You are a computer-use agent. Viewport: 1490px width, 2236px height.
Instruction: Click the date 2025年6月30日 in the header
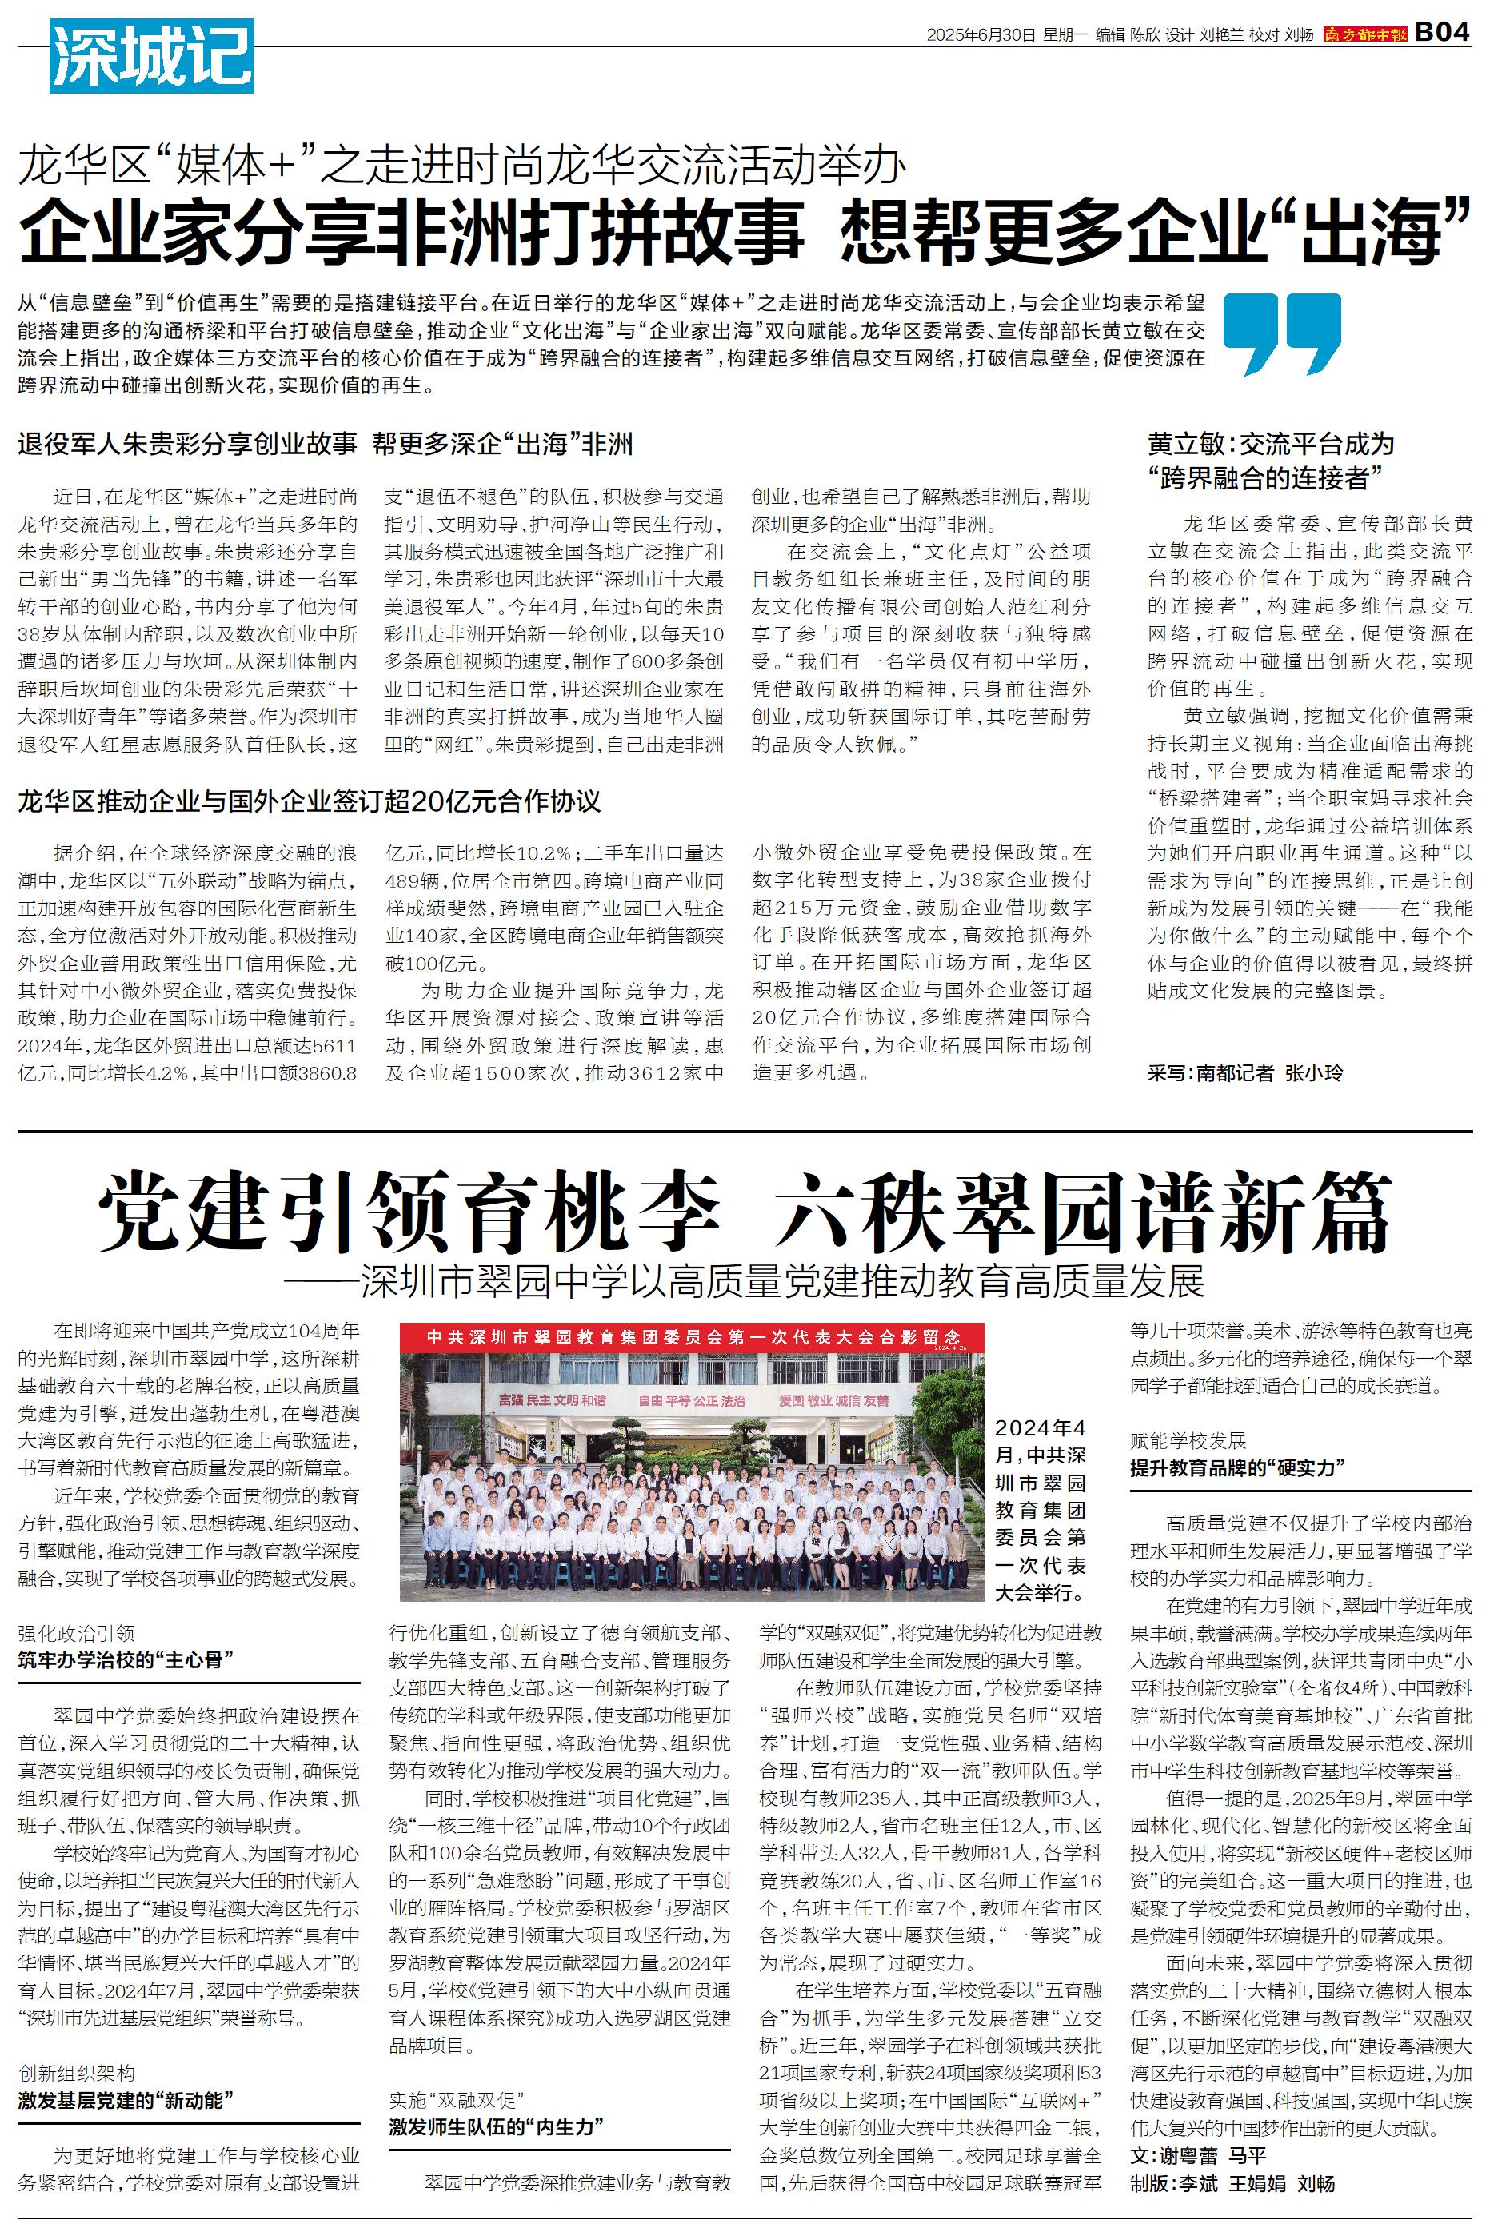[x=981, y=35]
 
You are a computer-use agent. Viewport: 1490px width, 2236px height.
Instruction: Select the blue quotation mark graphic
[x=1282, y=333]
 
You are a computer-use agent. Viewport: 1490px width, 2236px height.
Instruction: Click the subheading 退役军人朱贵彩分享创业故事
[x=187, y=444]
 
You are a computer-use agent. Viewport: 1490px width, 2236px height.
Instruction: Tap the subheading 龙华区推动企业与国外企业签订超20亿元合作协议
[x=310, y=801]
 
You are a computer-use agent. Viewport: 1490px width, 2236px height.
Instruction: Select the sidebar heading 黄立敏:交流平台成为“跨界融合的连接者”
[x=1271, y=461]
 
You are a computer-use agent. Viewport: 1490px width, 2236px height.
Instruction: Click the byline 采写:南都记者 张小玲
[x=1244, y=1072]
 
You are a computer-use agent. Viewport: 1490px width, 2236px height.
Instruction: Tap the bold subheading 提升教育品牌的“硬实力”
[x=1238, y=1467]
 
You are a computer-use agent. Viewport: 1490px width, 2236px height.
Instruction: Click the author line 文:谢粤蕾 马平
[x=1198, y=2182]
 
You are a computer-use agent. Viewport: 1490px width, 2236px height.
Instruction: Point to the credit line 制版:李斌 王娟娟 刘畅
[x=1232, y=2210]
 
